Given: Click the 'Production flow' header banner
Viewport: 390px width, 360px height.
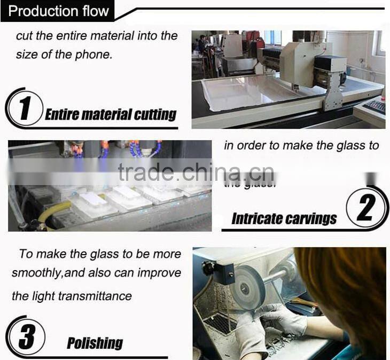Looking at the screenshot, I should [59, 11].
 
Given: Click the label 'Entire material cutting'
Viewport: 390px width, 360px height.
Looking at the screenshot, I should [111, 114].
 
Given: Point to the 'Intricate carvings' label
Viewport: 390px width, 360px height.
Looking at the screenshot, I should [284, 218].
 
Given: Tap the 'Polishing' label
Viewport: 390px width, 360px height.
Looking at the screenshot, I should [95, 343].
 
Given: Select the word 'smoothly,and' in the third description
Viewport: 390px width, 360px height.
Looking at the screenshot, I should [46, 273].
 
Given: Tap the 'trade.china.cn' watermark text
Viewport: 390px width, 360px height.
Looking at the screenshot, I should [196, 173].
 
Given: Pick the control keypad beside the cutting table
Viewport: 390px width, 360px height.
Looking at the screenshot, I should [374, 106].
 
